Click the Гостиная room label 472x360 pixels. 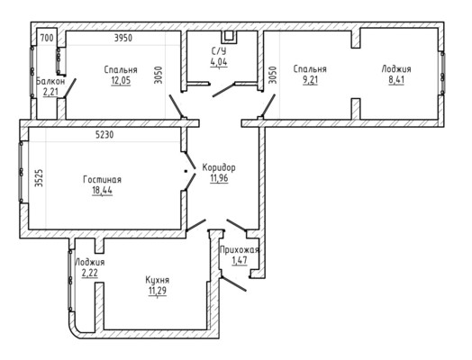[x=102, y=179]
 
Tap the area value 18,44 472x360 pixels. [x=103, y=191]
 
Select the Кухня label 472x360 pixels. [x=157, y=280]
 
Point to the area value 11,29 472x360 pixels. [x=157, y=291]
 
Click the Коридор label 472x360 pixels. [x=219, y=167]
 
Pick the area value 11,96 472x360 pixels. [x=219, y=178]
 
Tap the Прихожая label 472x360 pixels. [x=240, y=250]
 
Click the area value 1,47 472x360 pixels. [x=240, y=260]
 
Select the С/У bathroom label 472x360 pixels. [x=219, y=50]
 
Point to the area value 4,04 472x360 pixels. [x=219, y=62]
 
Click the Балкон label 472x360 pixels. [x=50, y=81]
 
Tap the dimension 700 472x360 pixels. [x=47, y=38]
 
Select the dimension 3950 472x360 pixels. [x=123, y=38]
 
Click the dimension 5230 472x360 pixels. [x=104, y=135]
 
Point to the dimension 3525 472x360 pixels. [x=39, y=177]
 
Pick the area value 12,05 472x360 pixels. [x=121, y=81]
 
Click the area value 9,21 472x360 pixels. [x=310, y=80]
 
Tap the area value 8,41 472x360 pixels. [x=396, y=80]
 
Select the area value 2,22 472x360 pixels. [x=89, y=273]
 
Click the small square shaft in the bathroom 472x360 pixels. [x=230, y=36]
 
